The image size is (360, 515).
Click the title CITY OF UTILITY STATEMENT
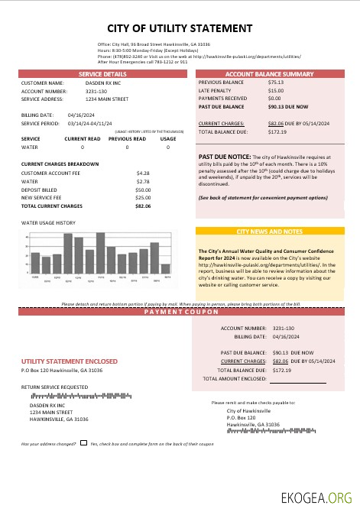point(180,28)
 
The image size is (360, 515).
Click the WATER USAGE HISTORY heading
point(48,223)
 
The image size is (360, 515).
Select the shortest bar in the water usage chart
point(166,268)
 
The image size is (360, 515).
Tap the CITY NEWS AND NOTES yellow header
point(271,231)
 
